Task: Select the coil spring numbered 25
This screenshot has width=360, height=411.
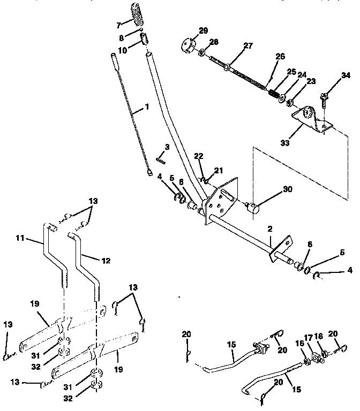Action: pyautogui.click(x=273, y=95)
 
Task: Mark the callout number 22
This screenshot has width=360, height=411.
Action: pyautogui.click(x=199, y=156)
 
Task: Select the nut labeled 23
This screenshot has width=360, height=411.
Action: pyautogui.click(x=290, y=102)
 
